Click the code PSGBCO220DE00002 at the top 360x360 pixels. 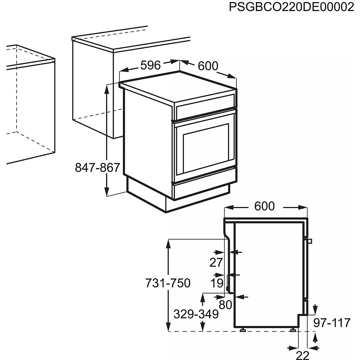click(x=291, y=7)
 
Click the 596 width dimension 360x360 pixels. click(x=151, y=65)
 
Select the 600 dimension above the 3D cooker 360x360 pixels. click(x=208, y=66)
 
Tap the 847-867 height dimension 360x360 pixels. click(x=97, y=167)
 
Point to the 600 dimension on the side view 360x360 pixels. click(x=264, y=206)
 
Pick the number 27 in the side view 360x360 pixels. click(x=216, y=263)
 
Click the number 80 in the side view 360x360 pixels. click(x=225, y=304)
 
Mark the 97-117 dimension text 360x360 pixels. click(x=332, y=323)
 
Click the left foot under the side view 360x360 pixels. click(x=243, y=330)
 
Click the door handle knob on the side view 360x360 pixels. click(x=310, y=242)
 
